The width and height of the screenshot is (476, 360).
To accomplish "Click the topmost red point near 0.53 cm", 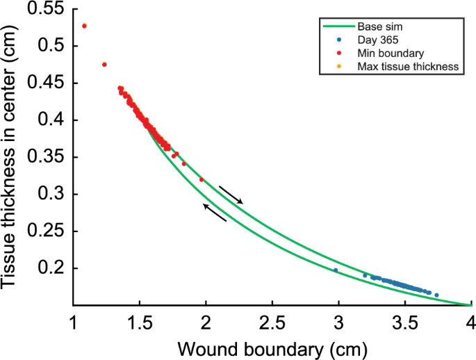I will (x=84, y=26).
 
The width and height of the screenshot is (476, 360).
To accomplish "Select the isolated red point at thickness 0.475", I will (x=104, y=65).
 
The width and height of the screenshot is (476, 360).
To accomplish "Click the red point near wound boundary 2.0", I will (x=202, y=179).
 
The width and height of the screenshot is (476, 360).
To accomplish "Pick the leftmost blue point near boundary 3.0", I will (x=336, y=270).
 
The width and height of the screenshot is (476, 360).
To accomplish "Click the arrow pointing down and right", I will (x=231, y=194).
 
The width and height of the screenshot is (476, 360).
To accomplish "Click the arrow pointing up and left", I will (x=215, y=213).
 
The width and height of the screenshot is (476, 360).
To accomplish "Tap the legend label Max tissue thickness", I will (x=407, y=67).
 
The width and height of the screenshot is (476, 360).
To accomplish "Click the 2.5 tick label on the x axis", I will (x=272, y=323).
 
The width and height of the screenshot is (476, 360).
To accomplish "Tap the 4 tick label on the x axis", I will (x=470, y=323).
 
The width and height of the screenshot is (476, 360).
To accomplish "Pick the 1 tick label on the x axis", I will (x=73, y=323).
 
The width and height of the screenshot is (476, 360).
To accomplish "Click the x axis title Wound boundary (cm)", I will (x=272, y=347).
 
